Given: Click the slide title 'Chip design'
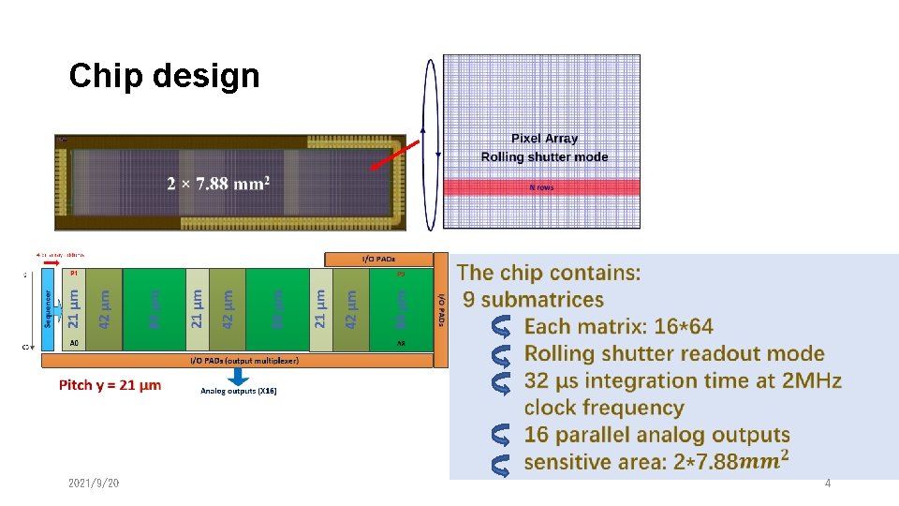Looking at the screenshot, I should click(x=164, y=76).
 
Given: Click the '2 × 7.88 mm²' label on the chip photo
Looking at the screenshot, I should click(x=218, y=183).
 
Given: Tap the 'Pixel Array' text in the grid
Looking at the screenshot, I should click(x=544, y=139).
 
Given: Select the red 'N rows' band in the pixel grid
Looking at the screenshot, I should click(x=541, y=187).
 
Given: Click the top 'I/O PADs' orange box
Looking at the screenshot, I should click(x=377, y=259).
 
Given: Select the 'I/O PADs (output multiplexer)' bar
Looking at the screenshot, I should click(x=239, y=361).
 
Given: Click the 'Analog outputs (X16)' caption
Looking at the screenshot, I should click(x=239, y=391).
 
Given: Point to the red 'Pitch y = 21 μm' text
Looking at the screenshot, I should click(x=110, y=385).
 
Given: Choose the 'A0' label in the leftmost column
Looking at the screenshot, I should click(x=75, y=343).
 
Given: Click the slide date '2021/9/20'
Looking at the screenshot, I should click(x=94, y=483).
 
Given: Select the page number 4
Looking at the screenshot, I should click(x=827, y=483).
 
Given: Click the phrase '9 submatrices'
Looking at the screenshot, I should click(x=534, y=300).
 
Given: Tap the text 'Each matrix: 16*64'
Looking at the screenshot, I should click(x=618, y=327).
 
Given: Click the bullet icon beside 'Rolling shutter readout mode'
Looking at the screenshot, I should click(x=501, y=354).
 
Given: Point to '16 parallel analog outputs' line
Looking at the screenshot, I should click(x=656, y=435).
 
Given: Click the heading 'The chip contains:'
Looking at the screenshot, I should click(x=549, y=273).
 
